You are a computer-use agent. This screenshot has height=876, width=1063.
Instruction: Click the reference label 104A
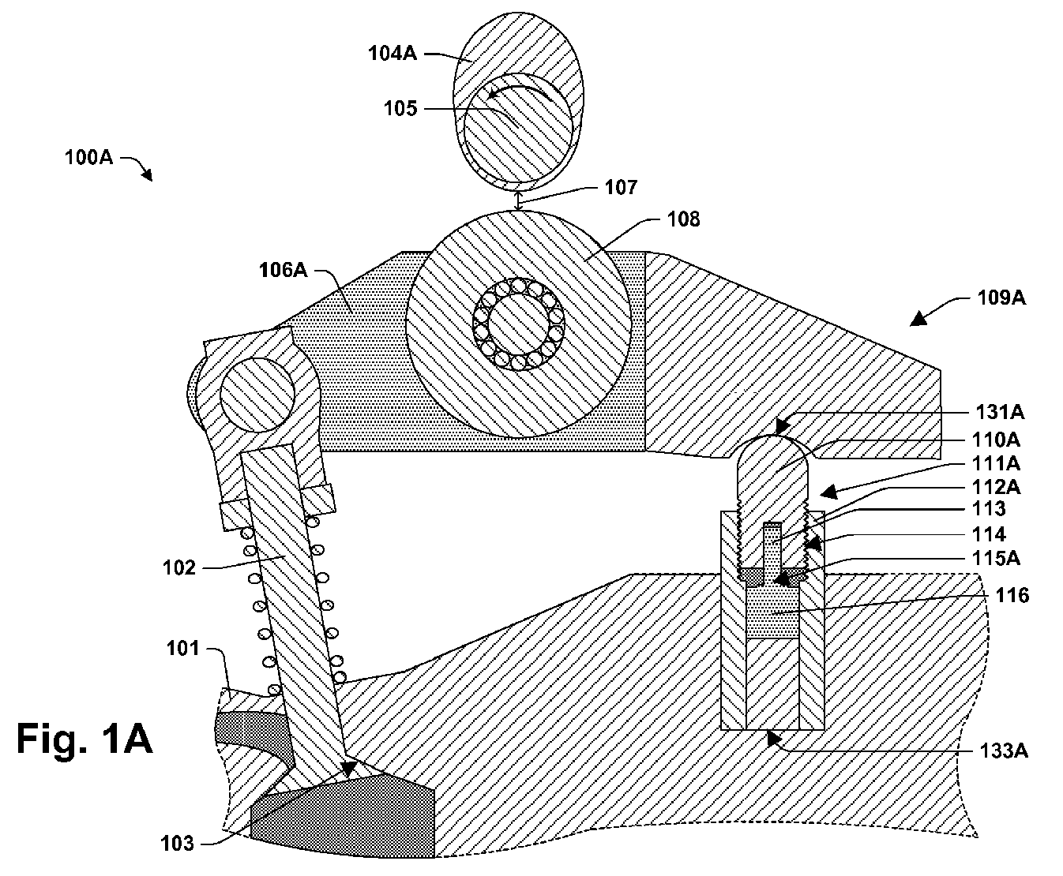(393, 53)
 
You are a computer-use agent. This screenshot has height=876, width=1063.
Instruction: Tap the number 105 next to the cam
(400, 108)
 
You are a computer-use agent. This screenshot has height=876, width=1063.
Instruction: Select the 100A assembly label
(88, 157)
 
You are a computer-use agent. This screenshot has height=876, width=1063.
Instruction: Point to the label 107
(621, 187)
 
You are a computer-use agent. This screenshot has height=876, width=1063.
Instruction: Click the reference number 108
(684, 219)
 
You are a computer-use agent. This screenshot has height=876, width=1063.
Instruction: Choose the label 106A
(284, 270)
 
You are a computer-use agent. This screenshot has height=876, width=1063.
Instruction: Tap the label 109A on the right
(1001, 297)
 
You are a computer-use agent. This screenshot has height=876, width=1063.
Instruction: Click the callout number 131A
(1000, 411)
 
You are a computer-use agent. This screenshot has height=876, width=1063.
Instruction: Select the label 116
(1012, 595)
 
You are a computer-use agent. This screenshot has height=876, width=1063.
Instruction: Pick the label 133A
(1004, 751)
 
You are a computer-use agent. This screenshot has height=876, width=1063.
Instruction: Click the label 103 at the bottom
(177, 843)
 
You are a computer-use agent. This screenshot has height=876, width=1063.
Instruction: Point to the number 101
(182, 648)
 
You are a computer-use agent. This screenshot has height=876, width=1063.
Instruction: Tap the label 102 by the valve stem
(179, 567)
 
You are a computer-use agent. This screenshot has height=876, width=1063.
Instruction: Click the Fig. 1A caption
(85, 739)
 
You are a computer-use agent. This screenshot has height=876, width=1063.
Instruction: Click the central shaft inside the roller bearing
(518, 324)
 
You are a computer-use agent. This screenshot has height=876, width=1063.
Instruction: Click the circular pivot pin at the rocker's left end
(257, 395)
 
